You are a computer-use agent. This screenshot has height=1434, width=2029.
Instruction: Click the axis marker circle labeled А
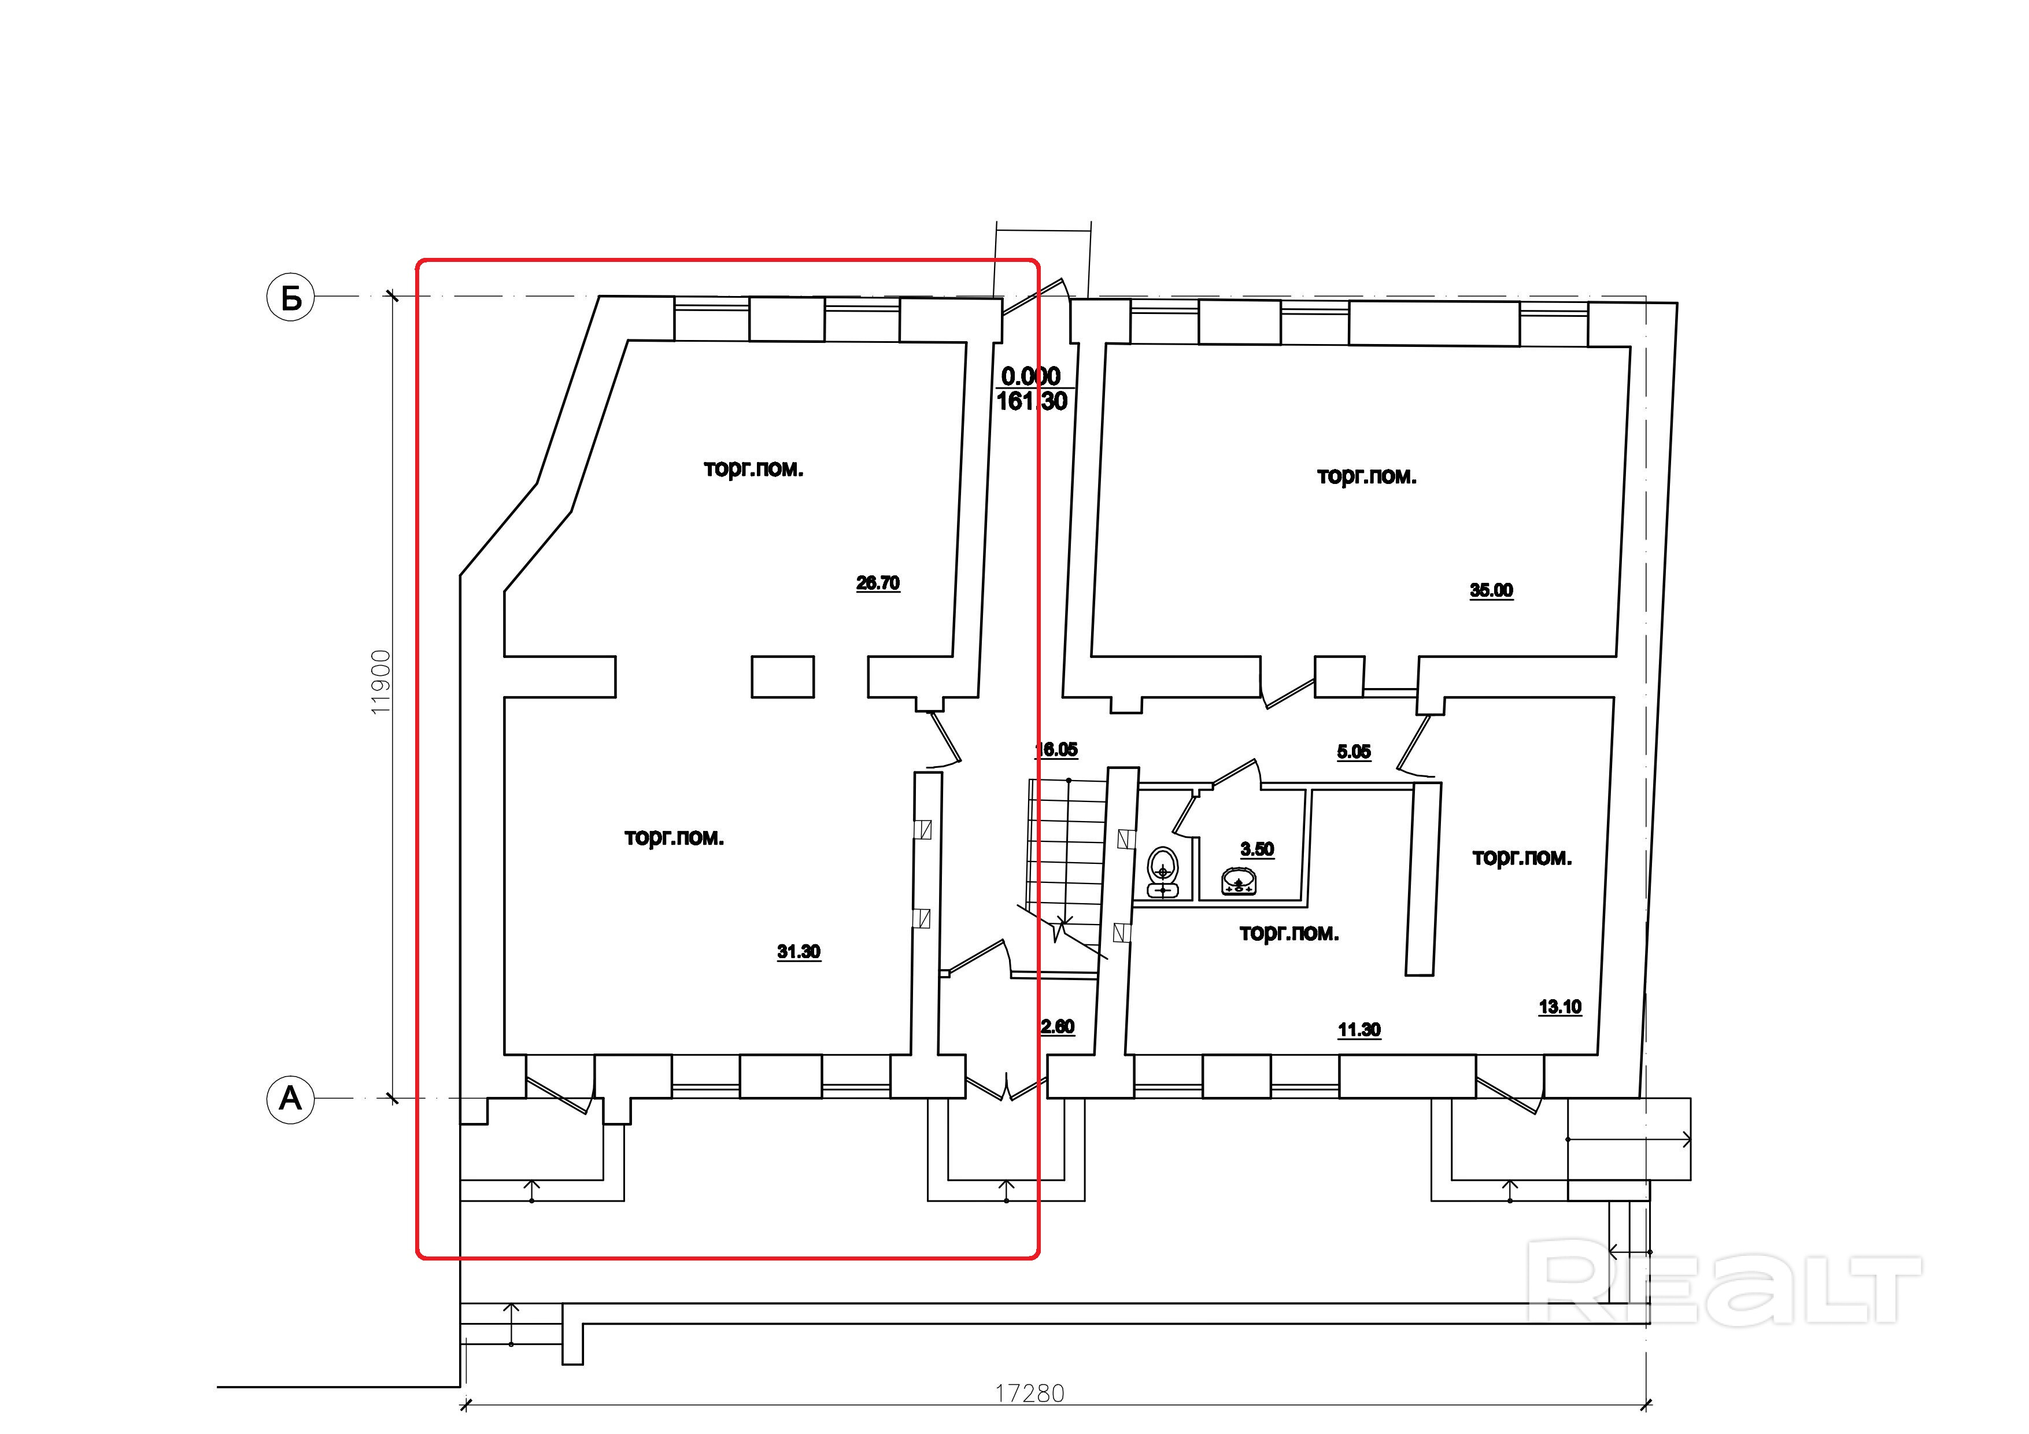291,1099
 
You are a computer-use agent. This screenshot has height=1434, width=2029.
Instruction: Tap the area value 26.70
878,583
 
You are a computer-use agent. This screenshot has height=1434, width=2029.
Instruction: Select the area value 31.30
799,952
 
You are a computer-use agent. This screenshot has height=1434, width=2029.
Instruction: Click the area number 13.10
1559,1006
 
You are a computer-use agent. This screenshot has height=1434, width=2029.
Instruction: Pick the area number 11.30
1359,1029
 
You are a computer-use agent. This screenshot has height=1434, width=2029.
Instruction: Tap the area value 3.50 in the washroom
1256,849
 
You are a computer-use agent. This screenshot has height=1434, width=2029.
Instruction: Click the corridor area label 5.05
1354,752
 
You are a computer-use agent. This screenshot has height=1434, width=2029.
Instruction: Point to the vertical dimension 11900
381,682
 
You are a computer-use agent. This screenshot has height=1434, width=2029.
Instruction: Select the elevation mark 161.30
1032,401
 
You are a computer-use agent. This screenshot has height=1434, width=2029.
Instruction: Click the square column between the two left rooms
782,676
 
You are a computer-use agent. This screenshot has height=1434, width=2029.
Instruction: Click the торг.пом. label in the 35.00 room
1366,476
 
